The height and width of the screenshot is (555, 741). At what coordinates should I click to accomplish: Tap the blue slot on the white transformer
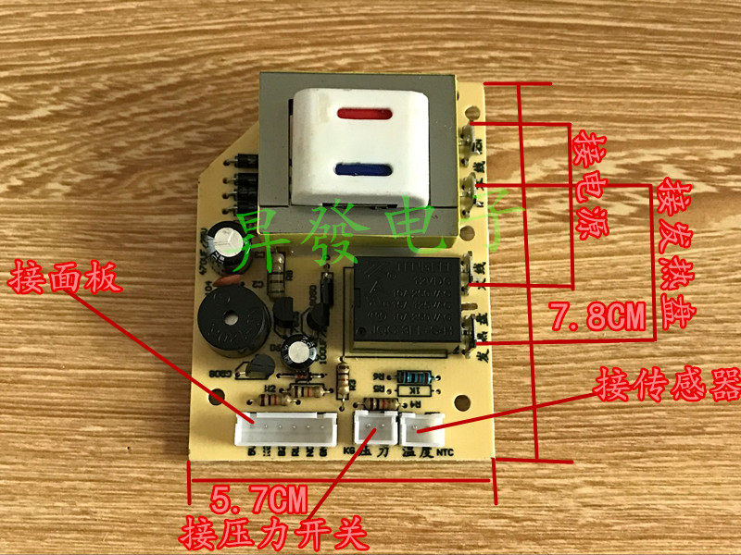pos(368,169)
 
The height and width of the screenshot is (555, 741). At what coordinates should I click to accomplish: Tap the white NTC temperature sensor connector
pos(424,426)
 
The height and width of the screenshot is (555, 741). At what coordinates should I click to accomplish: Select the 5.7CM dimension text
pos(259,502)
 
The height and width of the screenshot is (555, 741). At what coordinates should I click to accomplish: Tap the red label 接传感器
pos(668,384)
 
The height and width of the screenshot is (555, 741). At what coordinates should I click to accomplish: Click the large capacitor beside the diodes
pos(224,239)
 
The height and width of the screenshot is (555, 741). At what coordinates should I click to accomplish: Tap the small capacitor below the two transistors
pos(298,349)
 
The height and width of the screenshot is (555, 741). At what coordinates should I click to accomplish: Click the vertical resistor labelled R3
pos(344,380)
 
